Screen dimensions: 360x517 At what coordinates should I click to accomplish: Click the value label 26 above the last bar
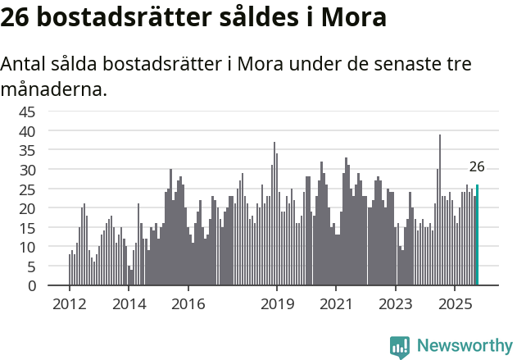click(x=477, y=167)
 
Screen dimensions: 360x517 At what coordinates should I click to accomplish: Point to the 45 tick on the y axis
click(x=27, y=112)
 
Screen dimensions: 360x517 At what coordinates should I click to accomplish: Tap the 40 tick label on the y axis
click(x=27, y=131)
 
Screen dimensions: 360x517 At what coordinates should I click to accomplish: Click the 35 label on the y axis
click(x=27, y=150)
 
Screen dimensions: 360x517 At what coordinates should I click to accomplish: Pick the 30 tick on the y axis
click(x=27, y=170)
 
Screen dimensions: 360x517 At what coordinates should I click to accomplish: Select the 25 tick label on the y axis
click(x=27, y=189)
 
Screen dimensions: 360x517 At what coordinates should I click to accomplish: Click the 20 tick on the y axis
click(x=27, y=208)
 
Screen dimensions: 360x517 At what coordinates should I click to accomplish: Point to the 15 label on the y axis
click(x=27, y=228)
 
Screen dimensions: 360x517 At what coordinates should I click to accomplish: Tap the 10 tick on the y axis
click(x=27, y=247)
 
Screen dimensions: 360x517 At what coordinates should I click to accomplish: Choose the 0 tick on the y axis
click(x=31, y=286)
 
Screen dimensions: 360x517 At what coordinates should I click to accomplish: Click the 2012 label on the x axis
click(x=69, y=304)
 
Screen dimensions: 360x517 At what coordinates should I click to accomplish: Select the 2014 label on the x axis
click(x=128, y=304)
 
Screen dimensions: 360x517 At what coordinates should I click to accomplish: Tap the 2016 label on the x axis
click(x=188, y=304)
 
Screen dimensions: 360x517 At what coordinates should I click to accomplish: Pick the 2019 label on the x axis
click(x=276, y=304)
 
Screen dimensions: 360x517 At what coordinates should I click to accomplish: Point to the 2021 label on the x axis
click(x=335, y=304)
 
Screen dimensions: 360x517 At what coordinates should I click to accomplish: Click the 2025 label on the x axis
click(x=454, y=304)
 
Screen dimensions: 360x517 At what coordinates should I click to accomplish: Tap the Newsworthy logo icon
click(x=400, y=347)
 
